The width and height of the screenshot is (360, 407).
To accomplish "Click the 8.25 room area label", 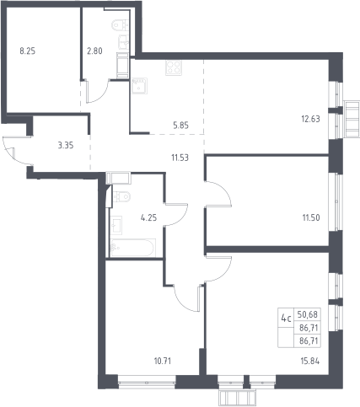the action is click(28, 51).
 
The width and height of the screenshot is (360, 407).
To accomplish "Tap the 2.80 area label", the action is click(94, 51).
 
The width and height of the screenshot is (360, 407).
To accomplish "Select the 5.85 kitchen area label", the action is click(180, 126).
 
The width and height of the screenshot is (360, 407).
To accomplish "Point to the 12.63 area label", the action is click(310, 119).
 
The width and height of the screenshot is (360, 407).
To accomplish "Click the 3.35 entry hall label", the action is click(66, 146).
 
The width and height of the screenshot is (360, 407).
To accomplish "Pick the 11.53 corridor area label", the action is click(180, 158).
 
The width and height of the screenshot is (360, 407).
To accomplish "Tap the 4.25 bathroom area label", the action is click(148, 217).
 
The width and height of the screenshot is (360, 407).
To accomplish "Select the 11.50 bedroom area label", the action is click(311, 217).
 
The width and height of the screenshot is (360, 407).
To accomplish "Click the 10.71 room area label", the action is click(163, 361).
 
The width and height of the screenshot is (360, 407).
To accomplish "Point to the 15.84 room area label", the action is click(310, 361).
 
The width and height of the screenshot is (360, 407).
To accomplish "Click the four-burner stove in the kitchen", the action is click(174, 67).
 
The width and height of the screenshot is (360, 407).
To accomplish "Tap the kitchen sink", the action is click(139, 86).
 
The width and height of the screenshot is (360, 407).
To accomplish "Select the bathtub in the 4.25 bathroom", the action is click(133, 248).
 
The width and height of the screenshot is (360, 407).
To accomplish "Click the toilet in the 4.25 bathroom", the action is click(121, 195).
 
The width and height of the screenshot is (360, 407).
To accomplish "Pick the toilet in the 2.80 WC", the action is click(121, 24).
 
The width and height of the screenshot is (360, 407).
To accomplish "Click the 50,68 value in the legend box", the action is click(308, 314).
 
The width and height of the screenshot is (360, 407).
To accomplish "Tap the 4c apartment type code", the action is click(286, 319).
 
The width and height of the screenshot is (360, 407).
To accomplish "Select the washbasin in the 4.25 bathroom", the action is click(116, 225).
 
